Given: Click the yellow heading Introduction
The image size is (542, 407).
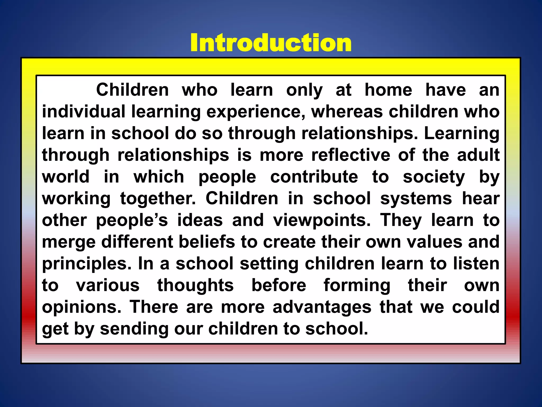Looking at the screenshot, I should point(271,43).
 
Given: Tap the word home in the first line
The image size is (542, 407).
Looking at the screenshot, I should point(388,90).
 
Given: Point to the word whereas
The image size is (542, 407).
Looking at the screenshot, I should point(347,112).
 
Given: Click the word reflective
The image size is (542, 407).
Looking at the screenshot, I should point(351,155).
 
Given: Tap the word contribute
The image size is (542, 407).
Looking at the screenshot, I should point(314,177).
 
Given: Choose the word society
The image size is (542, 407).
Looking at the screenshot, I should point(434,177).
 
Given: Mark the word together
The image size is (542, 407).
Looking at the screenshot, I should point(158,198).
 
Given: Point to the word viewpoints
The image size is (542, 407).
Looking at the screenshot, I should point(322,220).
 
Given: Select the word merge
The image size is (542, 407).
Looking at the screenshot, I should point(69,242).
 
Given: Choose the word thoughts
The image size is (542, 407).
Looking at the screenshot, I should point(196,285).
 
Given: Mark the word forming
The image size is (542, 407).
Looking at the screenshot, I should point(357,285).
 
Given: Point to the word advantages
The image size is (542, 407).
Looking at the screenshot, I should point(322,307).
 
